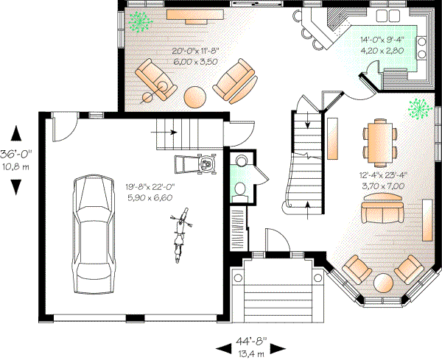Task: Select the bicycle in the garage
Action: [179, 236]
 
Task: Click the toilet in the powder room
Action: [239, 190]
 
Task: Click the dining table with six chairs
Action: [379, 143]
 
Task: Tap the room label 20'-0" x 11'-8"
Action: [196, 51]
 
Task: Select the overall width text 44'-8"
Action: [247, 342]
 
